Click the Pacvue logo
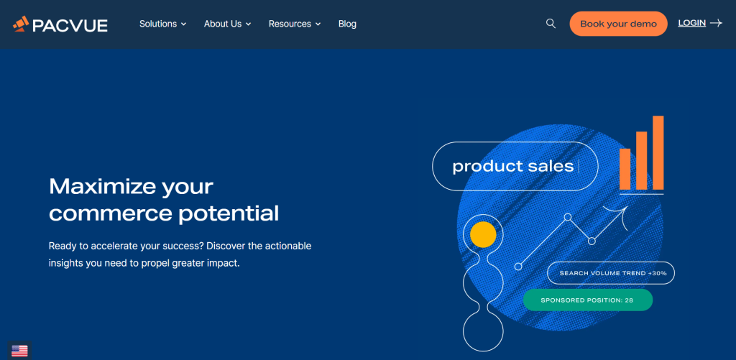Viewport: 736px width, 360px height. click(60, 24)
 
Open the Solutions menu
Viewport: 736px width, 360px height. click(162, 24)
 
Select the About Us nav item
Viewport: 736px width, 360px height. click(227, 24)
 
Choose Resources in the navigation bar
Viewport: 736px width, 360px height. click(294, 24)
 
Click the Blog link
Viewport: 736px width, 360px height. click(347, 24)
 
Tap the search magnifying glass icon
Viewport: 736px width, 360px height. click(551, 24)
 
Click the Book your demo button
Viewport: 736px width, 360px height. click(618, 24)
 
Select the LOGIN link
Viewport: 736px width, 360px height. click(692, 23)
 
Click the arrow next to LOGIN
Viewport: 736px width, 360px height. click(716, 23)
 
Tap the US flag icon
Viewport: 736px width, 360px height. click(19, 351)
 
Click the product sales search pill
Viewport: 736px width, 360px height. click(515, 166)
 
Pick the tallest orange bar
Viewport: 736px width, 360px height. click(658, 152)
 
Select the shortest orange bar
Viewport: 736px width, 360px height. click(625, 169)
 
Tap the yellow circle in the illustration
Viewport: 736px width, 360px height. click(483, 235)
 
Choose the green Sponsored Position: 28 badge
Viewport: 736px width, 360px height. click(588, 300)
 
